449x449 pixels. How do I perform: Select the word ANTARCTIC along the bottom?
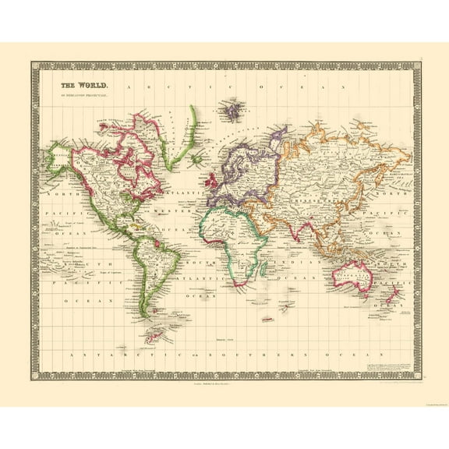(x=97, y=354)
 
